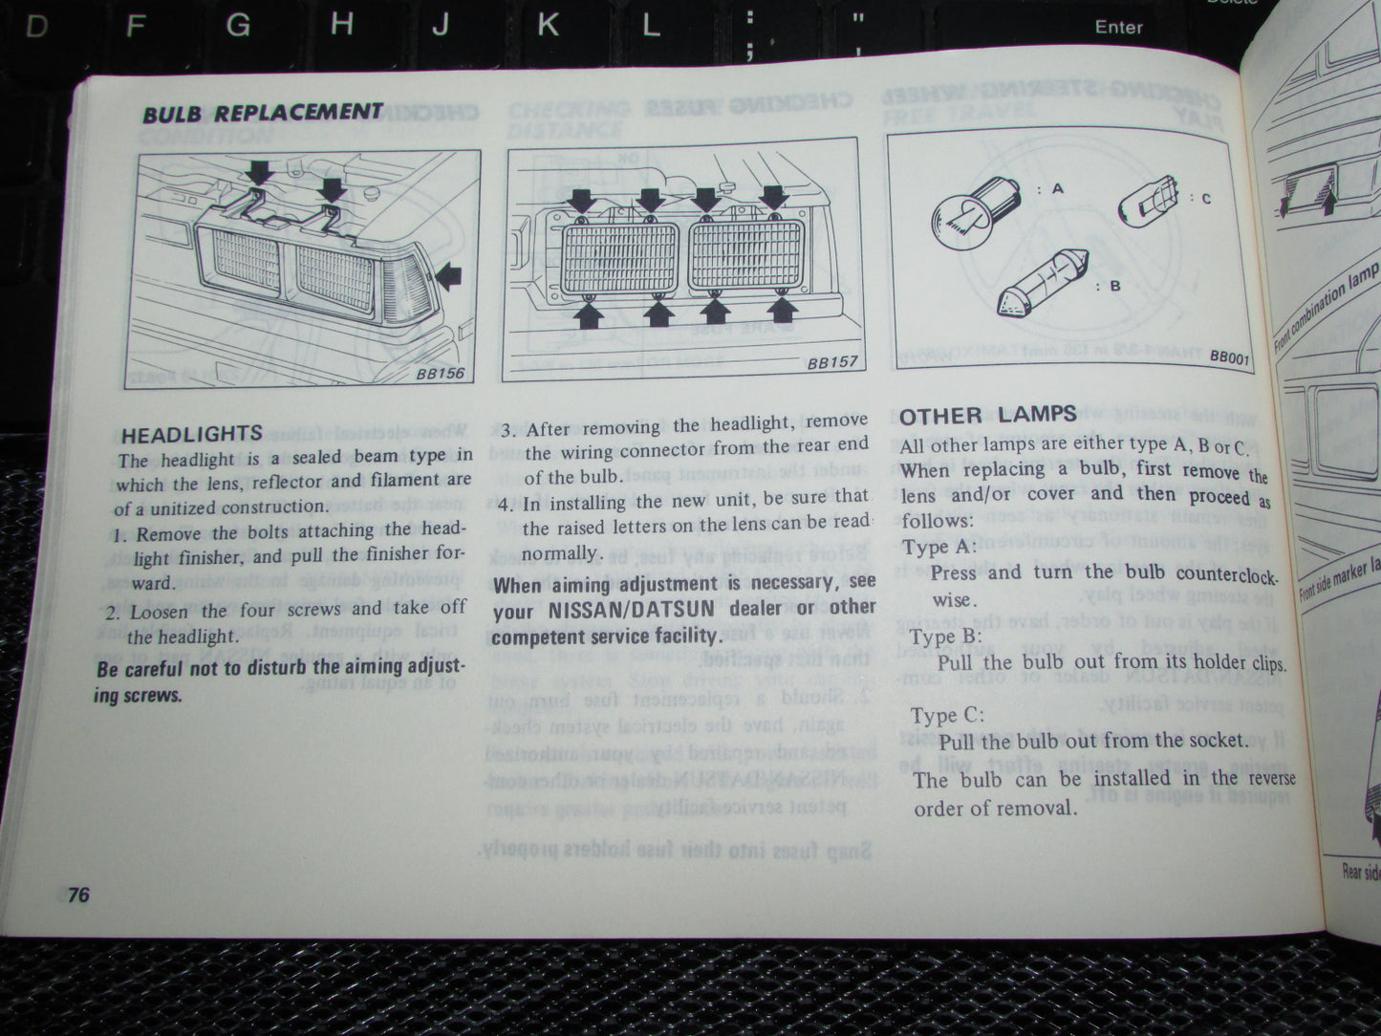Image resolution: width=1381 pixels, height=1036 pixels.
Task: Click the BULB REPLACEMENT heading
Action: click(263, 114)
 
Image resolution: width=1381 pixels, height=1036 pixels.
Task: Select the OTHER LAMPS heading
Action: click(987, 416)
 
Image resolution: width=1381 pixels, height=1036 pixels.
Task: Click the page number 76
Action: click(78, 896)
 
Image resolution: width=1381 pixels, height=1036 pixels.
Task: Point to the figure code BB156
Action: click(440, 374)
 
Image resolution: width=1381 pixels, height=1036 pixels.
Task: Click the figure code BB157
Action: click(831, 363)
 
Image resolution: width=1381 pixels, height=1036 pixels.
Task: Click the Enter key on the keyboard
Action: click(1118, 27)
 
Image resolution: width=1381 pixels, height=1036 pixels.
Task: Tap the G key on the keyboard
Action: click(237, 24)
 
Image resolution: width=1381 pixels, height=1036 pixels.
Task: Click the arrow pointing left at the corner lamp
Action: click(447, 277)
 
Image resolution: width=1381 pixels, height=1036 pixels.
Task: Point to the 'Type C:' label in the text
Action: click(946, 716)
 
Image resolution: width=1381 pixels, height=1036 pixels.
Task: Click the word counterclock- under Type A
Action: click(1226, 575)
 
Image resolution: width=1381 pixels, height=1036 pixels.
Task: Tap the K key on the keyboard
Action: click(548, 24)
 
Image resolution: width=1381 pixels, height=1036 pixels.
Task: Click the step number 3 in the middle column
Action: click(508, 429)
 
